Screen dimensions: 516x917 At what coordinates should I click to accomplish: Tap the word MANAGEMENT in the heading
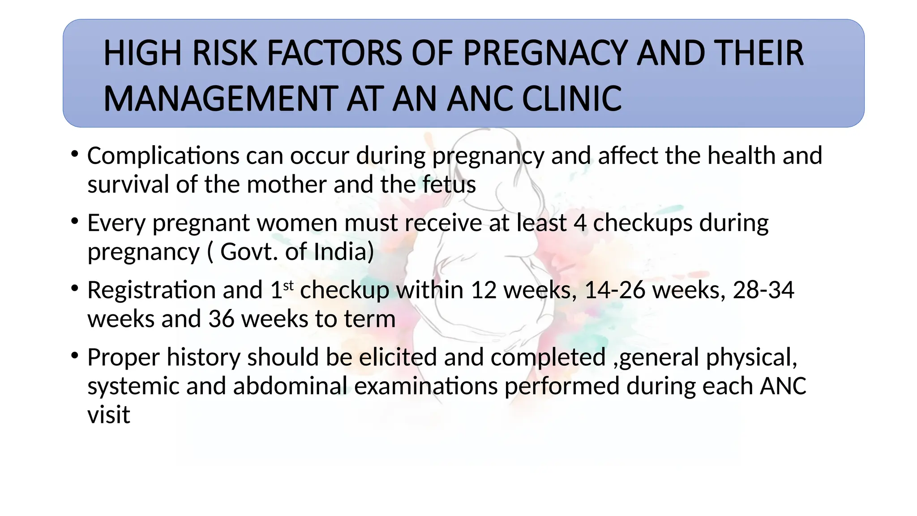pyautogui.click(x=220, y=99)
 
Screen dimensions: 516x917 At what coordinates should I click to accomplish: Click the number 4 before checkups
pyautogui.click(x=580, y=223)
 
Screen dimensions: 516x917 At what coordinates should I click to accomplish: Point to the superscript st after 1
pyautogui.click(x=288, y=285)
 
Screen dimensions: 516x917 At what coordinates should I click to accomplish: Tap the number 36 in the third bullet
pyautogui.click(x=221, y=319)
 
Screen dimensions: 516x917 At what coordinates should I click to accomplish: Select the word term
pyautogui.click(x=369, y=319)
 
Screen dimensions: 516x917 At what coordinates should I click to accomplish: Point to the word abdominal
pyautogui.click(x=290, y=386)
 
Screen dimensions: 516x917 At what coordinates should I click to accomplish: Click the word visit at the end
pyautogui.click(x=108, y=415)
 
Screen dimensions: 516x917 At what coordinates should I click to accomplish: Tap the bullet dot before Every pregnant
pyautogui.click(x=75, y=221)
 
